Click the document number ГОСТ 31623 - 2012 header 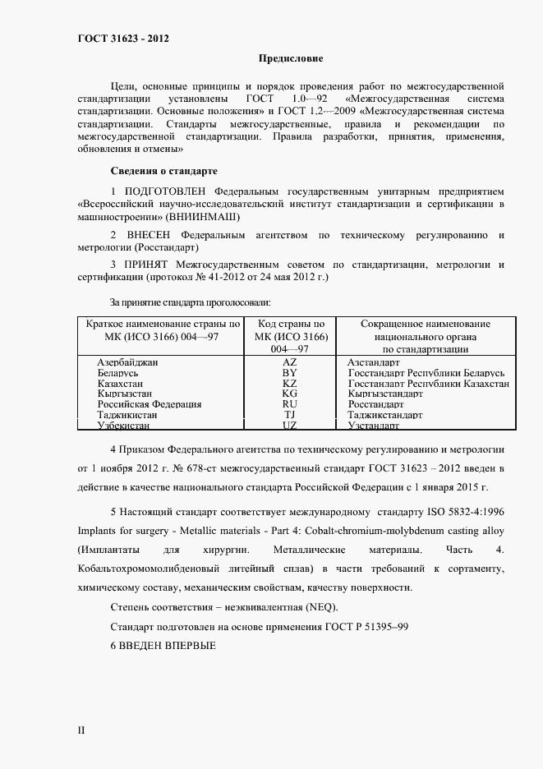click(123, 38)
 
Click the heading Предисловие click(291, 58)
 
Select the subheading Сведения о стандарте click(163, 171)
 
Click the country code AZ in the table click(290, 361)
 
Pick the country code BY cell click(290, 372)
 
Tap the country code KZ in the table click(290, 383)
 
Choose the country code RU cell click(290, 404)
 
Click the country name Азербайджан click(127, 361)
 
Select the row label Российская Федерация click(150, 404)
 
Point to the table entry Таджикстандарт click(384, 415)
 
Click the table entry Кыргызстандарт click(385, 394)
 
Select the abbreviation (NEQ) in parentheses click(319, 606)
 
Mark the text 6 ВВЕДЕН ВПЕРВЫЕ click(163, 645)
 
